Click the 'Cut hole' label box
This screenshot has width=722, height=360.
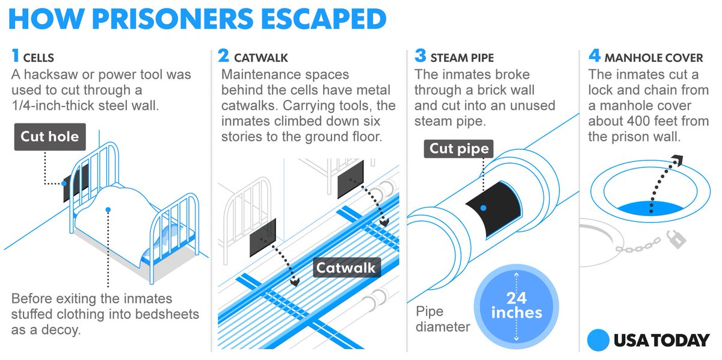click(x=50, y=137)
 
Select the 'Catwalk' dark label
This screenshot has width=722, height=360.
click(x=346, y=267)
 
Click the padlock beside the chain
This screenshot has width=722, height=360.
click(x=677, y=240)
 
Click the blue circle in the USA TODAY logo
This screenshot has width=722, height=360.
click(x=598, y=340)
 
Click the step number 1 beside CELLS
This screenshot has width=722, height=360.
click(x=15, y=57)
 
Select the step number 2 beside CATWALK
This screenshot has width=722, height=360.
click(x=223, y=57)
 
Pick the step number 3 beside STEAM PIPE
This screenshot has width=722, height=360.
click(x=420, y=57)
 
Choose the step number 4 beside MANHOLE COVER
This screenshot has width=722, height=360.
click(x=594, y=57)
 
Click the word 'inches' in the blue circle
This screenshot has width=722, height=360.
click(x=516, y=313)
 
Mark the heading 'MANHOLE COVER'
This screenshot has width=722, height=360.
click(x=653, y=58)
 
